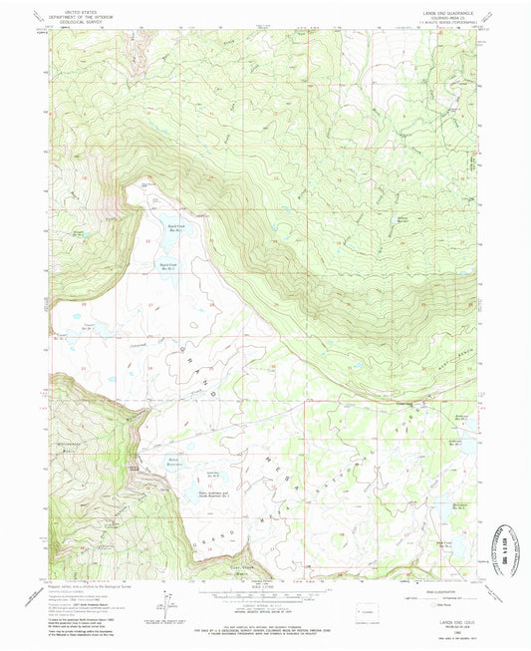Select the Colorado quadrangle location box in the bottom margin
pyautogui.click(x=351, y=608)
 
